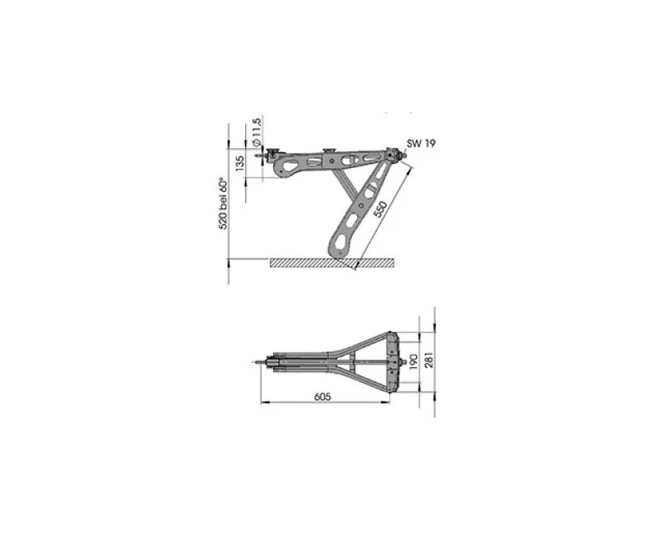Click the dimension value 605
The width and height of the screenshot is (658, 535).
pyautogui.click(x=322, y=395)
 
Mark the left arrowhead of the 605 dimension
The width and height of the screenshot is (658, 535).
pyautogui.click(x=263, y=403)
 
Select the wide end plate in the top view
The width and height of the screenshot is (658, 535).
pyautogui.click(x=399, y=360)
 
